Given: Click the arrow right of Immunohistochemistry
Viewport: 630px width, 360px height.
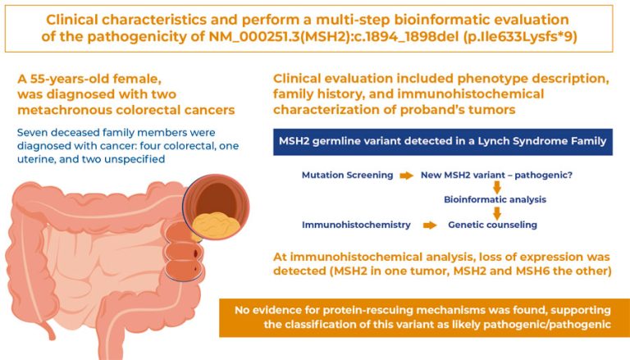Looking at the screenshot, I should (427, 223).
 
